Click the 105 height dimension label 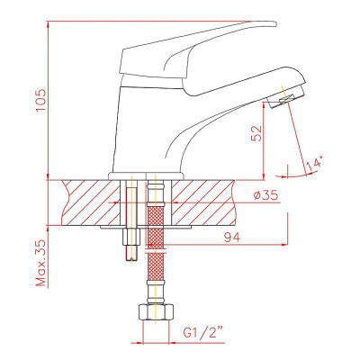pos(40,100)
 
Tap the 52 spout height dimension pos(256,133)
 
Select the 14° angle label pos(314,162)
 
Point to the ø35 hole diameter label pos(265,195)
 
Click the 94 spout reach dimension pos(232,238)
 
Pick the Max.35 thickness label pos(40,263)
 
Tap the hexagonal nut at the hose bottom pos(156,312)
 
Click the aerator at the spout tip pos(285,96)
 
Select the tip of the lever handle pos(275,23)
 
